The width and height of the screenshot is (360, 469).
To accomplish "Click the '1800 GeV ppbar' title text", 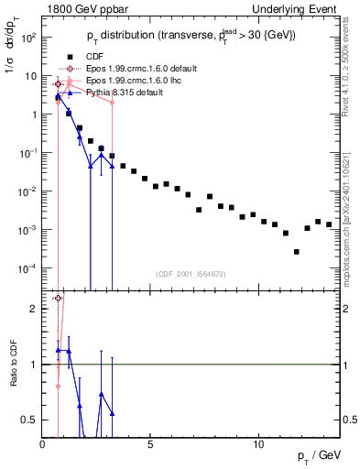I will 80,9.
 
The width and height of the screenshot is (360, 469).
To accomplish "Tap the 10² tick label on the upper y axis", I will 27,38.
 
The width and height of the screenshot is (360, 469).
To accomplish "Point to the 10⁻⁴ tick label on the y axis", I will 27,268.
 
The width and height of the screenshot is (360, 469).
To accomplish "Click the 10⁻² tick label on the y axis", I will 27,191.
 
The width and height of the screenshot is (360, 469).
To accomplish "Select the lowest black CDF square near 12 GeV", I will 297,252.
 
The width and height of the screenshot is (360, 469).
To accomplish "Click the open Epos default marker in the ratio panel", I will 58,299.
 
